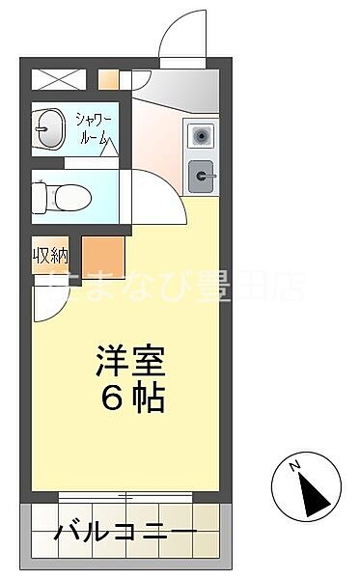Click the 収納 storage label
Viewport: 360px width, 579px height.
pyautogui.click(x=50, y=256)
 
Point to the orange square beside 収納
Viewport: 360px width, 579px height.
pyautogui.click(x=103, y=257)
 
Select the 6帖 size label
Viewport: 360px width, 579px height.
pyautogui.click(x=130, y=398)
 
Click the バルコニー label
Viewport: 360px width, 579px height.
pyautogui.click(x=125, y=532)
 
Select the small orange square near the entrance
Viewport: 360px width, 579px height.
pyautogui.click(x=107, y=80)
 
